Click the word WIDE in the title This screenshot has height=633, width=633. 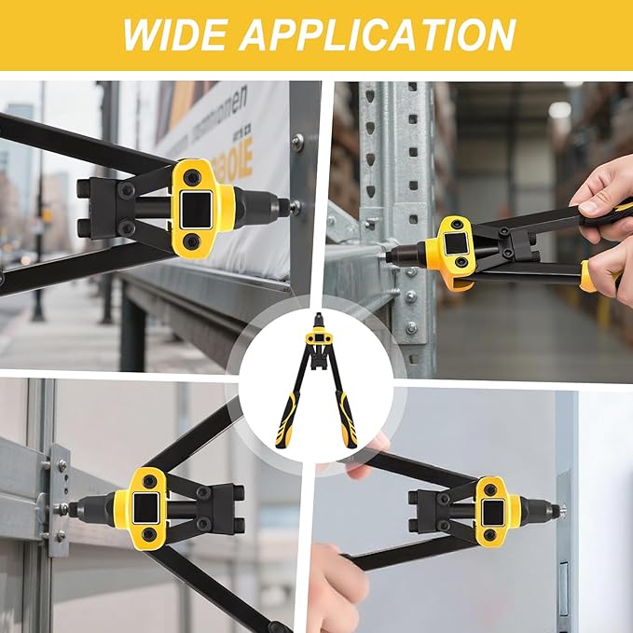175,34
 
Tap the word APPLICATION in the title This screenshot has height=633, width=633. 378,34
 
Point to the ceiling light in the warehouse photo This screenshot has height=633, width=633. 559,109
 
